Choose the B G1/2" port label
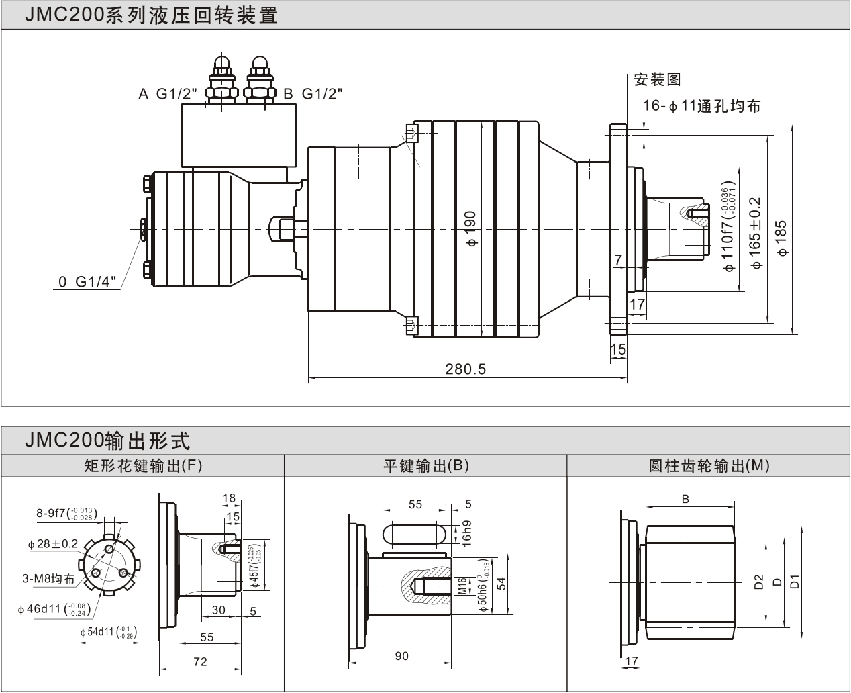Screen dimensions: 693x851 [312, 94]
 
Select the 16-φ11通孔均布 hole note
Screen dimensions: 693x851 [701, 106]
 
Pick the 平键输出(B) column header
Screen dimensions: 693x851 [426, 466]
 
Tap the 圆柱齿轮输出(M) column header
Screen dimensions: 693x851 [709, 466]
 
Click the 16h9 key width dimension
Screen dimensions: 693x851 [467, 533]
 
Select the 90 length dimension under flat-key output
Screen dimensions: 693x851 [401, 656]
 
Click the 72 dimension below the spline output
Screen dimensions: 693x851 [200, 662]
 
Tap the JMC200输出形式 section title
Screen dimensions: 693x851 [107, 441]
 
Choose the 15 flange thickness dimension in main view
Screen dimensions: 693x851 [618, 349]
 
